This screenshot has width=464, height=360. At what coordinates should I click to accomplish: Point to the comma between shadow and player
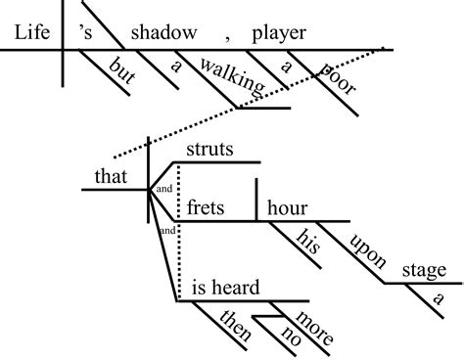tap(226, 37)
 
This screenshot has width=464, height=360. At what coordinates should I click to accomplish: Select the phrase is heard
tap(224, 288)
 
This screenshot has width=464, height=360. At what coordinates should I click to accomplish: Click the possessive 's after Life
tap(85, 31)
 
